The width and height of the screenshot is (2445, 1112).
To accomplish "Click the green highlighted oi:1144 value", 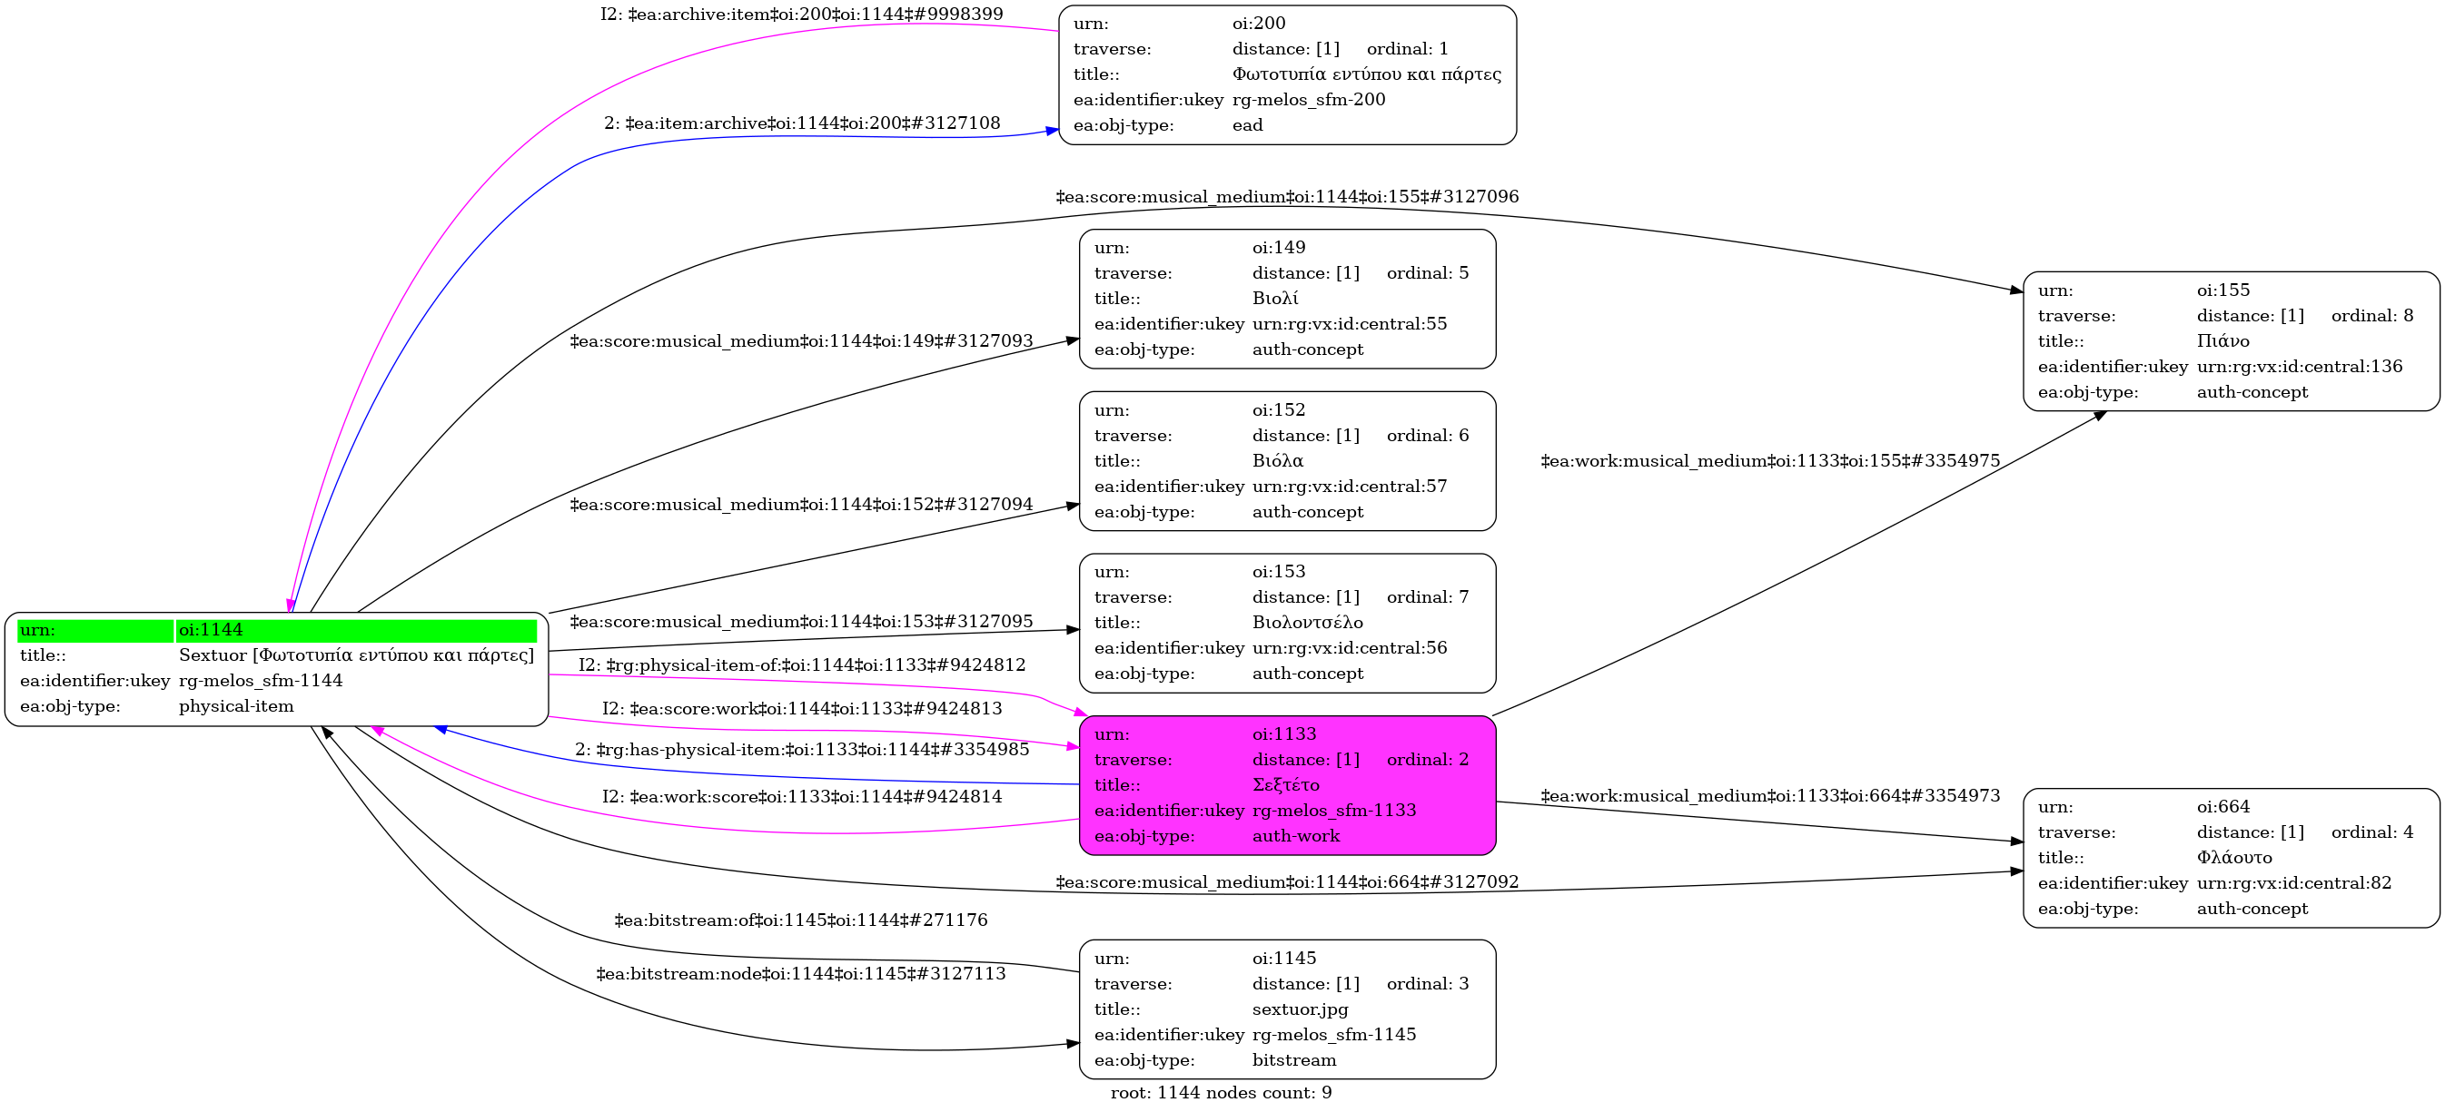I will pyautogui.click(x=210, y=630).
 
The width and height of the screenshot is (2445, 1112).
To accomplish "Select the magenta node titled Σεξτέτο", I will pyautogui.click(x=1286, y=785).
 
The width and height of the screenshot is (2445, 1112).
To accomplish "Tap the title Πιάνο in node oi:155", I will pyautogui.click(x=2222, y=341).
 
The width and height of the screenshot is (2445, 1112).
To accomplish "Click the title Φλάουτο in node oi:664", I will pyautogui.click(x=2233, y=858).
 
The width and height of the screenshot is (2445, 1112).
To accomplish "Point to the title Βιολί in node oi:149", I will pyautogui.click(x=1274, y=299).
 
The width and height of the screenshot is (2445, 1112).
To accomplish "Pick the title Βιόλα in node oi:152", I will pyautogui.click(x=1278, y=461).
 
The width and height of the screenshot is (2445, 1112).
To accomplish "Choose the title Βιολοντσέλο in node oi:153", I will pyautogui.click(x=1307, y=624).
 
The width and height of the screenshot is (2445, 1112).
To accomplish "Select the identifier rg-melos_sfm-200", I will pyautogui.click(x=1308, y=100).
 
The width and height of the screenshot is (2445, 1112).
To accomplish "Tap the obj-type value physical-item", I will pyautogui.click(x=236, y=707).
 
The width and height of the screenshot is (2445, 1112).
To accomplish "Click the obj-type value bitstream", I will pyautogui.click(x=1293, y=1061).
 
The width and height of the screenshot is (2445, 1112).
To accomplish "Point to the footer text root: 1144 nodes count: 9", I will pyautogui.click(x=1221, y=1093).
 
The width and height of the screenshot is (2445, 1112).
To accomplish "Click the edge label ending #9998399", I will pyautogui.click(x=801, y=15).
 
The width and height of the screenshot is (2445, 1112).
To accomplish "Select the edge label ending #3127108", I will pyautogui.click(x=802, y=123).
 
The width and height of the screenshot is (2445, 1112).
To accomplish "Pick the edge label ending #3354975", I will pyautogui.click(x=1770, y=461).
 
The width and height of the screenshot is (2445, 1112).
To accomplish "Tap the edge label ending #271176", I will pyautogui.click(x=800, y=920).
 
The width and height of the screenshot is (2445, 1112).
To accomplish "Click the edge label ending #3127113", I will pyautogui.click(x=800, y=974).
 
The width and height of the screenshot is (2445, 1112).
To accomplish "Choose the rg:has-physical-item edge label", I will pyautogui.click(x=802, y=750).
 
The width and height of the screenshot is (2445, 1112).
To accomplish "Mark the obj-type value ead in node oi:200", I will pyautogui.click(x=1247, y=125).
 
